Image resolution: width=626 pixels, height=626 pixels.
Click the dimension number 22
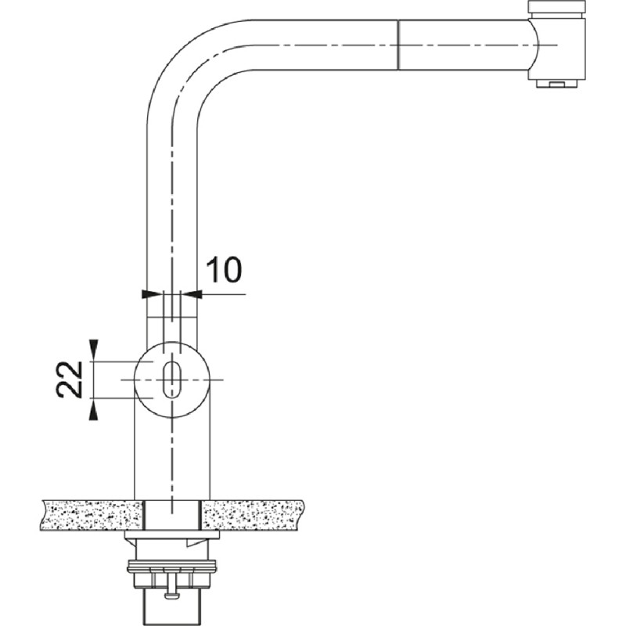(x=70, y=380)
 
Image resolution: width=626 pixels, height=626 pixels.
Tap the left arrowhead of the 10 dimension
(x=153, y=294)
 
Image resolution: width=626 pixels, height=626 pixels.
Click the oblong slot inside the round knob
(x=172, y=380)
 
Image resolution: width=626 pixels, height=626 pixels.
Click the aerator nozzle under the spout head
(x=556, y=83)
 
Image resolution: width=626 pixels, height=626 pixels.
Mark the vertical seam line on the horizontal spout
(x=398, y=45)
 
